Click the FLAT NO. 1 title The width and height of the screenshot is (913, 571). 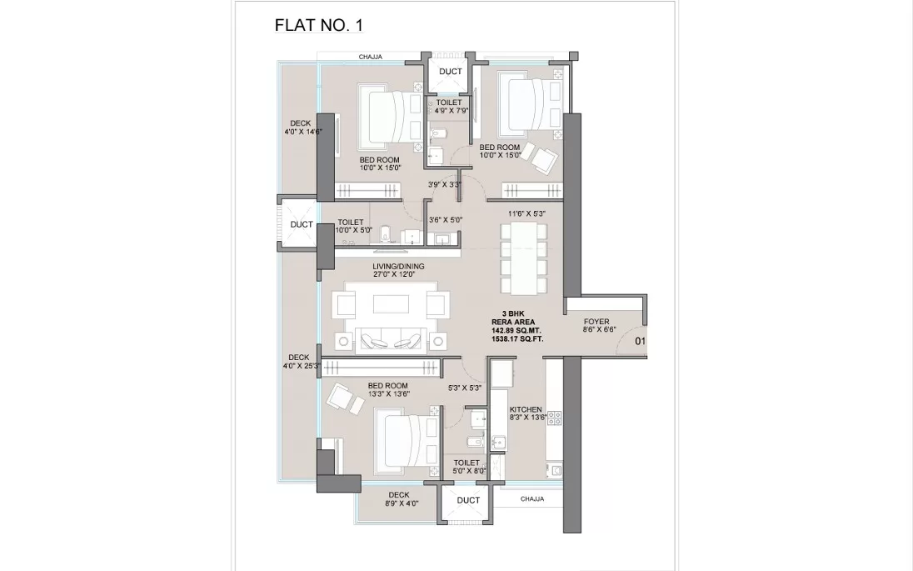coord(318,25)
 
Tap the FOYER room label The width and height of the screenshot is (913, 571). coord(596,322)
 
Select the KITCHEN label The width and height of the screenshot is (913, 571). coord(526,409)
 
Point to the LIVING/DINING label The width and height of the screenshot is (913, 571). coord(398,266)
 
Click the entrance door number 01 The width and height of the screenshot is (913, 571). coord(640,341)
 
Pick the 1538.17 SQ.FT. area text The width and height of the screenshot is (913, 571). coord(517,338)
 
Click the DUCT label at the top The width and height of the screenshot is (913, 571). coord(450,72)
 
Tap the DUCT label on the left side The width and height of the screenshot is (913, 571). coord(302,224)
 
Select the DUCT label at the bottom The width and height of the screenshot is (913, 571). coord(468,500)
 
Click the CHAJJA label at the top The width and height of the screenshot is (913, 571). coord(371,57)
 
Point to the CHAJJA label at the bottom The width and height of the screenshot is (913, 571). coord(532,498)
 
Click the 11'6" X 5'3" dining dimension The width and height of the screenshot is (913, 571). coord(526,214)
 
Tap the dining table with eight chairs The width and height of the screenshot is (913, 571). coord(524,258)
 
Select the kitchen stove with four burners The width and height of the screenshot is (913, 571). coord(554,418)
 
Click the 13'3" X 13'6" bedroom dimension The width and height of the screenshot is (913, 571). coord(388,394)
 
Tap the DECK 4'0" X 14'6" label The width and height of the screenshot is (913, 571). coord(300,128)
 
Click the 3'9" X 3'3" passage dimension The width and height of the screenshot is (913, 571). coord(444,185)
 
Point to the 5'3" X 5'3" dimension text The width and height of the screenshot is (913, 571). coord(465,388)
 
